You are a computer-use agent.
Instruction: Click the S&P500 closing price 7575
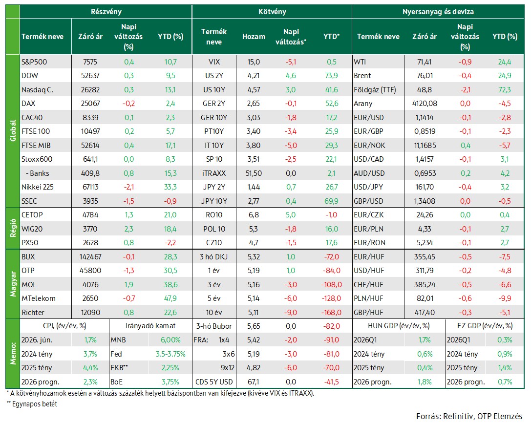pos(90,62)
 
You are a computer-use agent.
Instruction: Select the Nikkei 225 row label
pos(38,187)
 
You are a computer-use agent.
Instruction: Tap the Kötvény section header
pos(272,12)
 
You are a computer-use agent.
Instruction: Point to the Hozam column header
pos(254,37)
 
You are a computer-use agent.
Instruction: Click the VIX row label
pos(214,62)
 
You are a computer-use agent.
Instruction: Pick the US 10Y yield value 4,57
pos(254,90)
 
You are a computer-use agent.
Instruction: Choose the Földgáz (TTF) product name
pos(375,90)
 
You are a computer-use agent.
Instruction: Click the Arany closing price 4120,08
pos(425,104)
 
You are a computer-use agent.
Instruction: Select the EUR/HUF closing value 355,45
pos(425,257)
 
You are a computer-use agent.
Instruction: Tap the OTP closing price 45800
pos(90,271)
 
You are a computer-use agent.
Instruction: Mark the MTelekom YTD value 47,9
pos(170,298)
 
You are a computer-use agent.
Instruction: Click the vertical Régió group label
pos(13,228)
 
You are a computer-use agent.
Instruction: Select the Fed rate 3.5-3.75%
pos(170,354)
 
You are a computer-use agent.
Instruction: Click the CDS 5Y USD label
pos(214,382)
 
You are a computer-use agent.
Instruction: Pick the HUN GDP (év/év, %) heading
pos(399,326)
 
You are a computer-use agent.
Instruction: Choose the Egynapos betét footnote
pos(35,404)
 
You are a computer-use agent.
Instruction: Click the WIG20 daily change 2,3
pos(128,229)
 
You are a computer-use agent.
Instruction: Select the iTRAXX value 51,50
pos(254,173)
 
